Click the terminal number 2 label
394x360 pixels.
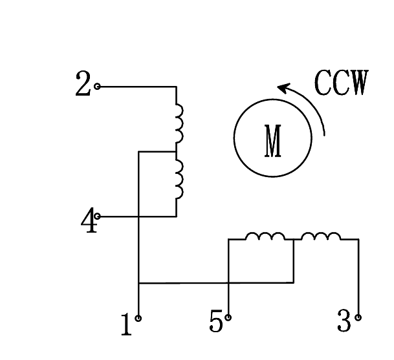coord(83,85)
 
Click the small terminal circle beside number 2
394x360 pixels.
coord(98,86)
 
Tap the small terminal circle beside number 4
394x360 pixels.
coord(98,216)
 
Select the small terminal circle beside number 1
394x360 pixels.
coord(139,318)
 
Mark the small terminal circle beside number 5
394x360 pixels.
coord(228,317)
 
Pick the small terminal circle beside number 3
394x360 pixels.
coord(358,317)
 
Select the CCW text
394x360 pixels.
coord(341,83)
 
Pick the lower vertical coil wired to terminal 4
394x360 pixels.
coord(179,180)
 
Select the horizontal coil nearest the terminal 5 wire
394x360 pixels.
coord(265,237)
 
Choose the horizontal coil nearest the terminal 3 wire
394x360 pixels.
coord(321,237)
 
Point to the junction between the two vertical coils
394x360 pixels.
coord(176,152)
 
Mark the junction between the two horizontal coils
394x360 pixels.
coord(294,240)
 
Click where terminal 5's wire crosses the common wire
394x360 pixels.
coord(228,282)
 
